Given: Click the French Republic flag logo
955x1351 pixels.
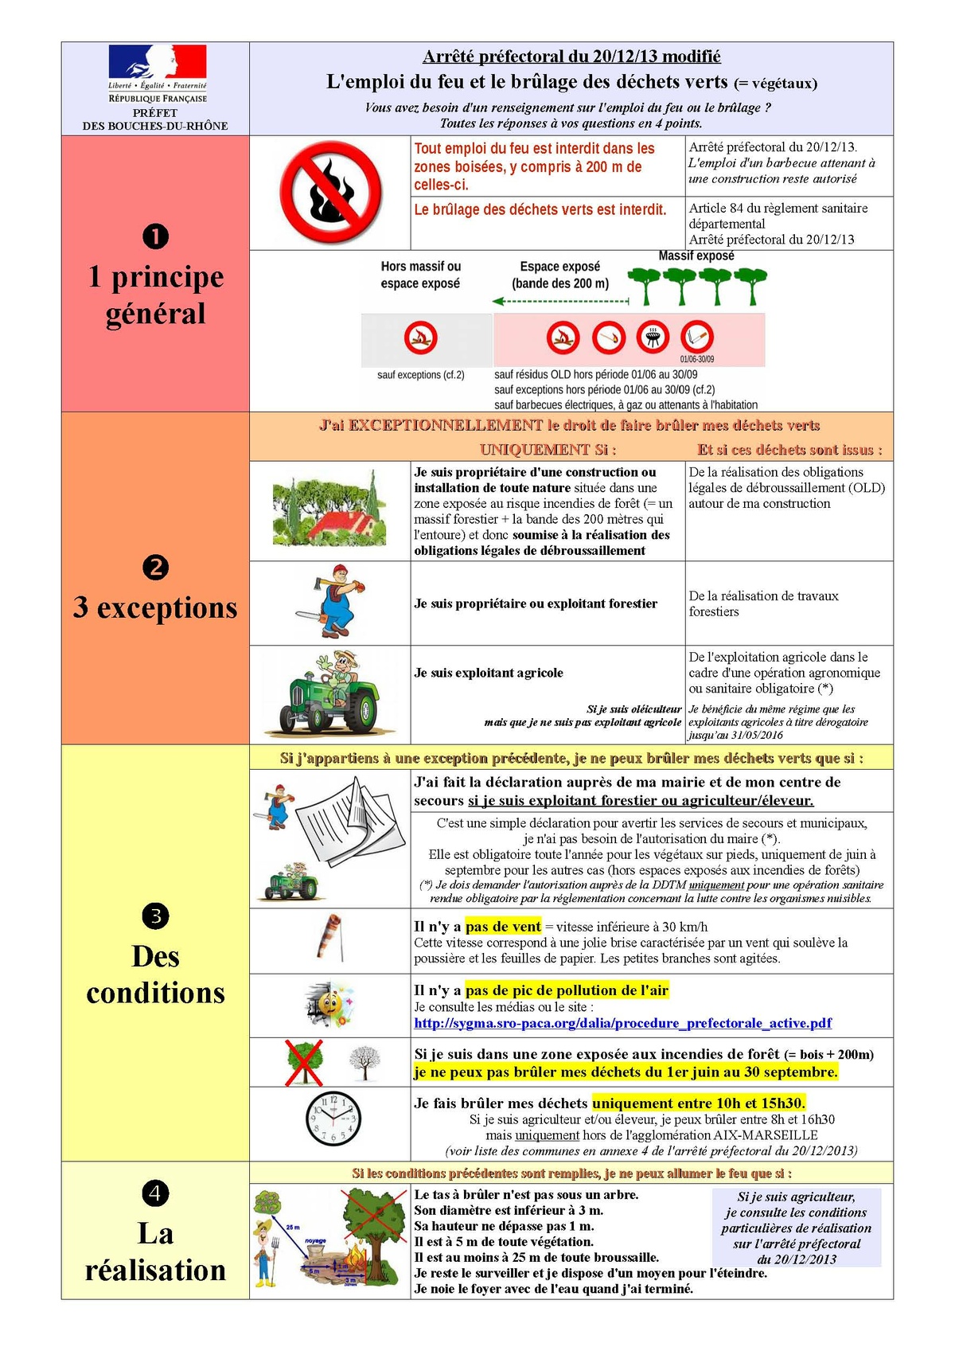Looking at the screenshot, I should (x=158, y=62).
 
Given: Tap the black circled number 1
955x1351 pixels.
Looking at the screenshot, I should (x=155, y=236).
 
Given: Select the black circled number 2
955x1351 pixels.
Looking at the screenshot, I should (x=155, y=568).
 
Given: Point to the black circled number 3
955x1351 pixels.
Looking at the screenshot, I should (x=155, y=916).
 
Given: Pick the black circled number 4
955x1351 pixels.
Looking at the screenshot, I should (x=155, y=1193).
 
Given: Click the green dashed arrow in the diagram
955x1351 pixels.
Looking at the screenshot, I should (x=560, y=302).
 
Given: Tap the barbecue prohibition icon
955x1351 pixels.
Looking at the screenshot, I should (x=653, y=338).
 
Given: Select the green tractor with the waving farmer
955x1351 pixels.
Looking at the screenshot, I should (x=328, y=693).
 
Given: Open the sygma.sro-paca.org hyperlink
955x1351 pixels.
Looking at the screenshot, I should (x=622, y=1023).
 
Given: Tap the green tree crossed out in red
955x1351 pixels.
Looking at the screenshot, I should (x=304, y=1062).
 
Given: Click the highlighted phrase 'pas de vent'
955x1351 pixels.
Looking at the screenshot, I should (x=503, y=927).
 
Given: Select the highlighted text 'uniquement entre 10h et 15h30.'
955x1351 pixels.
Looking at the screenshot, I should (x=699, y=1103).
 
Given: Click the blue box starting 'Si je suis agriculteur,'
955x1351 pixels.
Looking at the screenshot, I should (x=796, y=1228).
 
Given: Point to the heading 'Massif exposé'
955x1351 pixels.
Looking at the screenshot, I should (x=696, y=256).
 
